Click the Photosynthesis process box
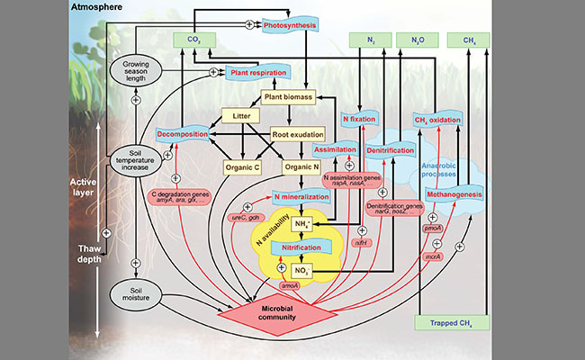(292, 25)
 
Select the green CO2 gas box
(193, 40)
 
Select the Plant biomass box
(288, 95)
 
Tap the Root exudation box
(298, 134)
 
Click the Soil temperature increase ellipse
(134, 159)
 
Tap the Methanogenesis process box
(463, 193)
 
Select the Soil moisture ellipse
(134, 292)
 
